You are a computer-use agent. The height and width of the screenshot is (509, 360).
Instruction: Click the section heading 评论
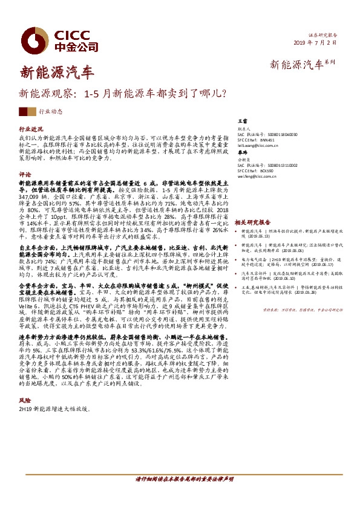click(x=25, y=174)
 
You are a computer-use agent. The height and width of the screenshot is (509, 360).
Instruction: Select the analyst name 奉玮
click(x=243, y=155)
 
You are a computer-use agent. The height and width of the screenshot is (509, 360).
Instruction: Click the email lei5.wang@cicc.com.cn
click(x=258, y=146)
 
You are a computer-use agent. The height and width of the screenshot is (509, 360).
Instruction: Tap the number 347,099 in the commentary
click(x=31, y=197)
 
